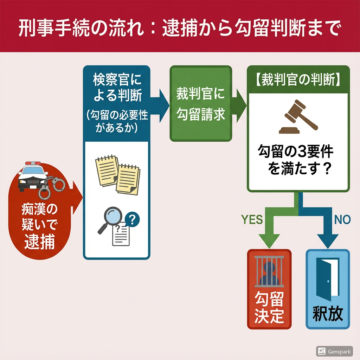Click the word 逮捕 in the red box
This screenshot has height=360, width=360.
point(39,242)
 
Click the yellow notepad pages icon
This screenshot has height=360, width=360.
point(118,174)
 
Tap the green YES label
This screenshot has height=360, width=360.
point(252,220)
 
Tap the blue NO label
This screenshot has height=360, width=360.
point(342,220)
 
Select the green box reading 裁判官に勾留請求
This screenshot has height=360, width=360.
point(201,104)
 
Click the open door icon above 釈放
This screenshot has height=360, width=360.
point(328,279)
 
